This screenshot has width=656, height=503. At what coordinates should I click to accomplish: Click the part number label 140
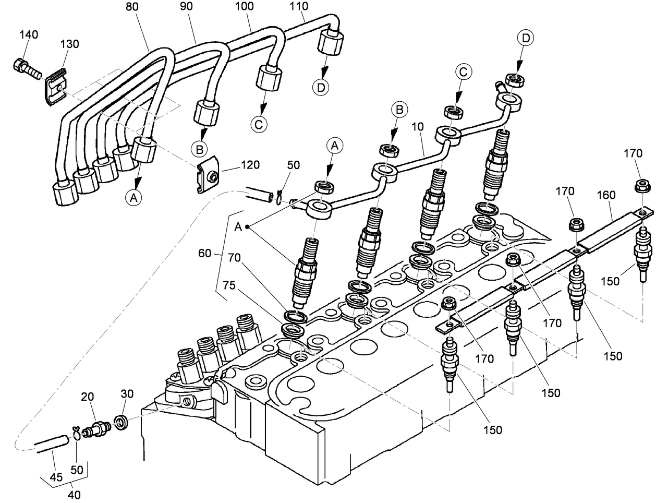coord(29,35)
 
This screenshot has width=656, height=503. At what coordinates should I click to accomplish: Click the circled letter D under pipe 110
coord(322,87)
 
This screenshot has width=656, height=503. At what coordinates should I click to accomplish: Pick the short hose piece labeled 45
coord(51,441)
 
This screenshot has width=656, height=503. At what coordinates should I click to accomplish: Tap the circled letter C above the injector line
coord(463,71)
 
